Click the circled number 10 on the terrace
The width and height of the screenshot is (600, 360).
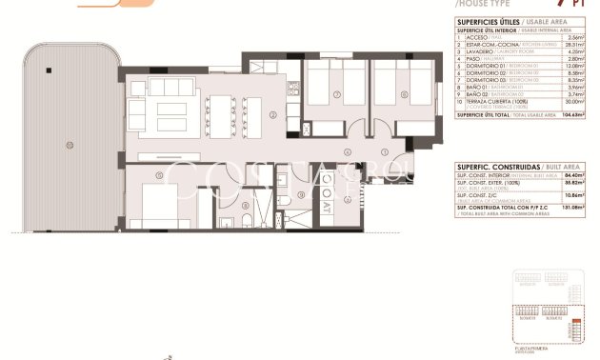click(69, 145)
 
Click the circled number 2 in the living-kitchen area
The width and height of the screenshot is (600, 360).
click(272, 115)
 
